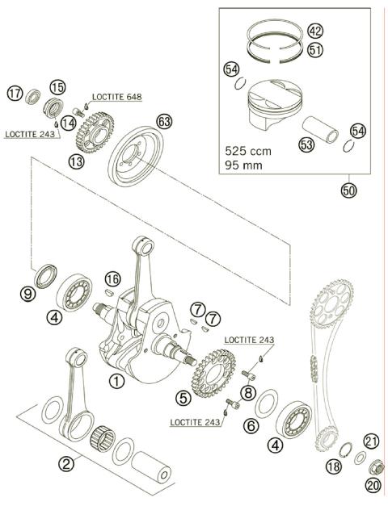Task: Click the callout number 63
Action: tap(164, 122)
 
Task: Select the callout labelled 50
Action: tap(349, 190)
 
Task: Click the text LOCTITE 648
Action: tap(116, 97)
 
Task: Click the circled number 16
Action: tap(112, 278)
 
